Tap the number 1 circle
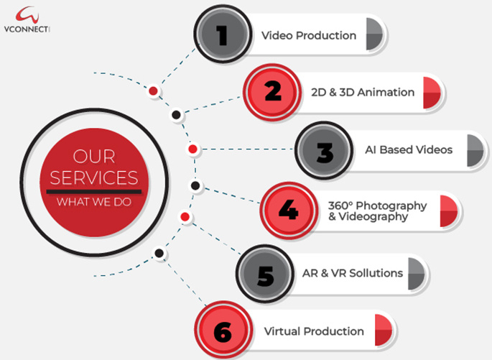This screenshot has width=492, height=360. pyautogui.click(x=222, y=34)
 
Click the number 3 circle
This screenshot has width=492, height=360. pyautogui.click(x=324, y=151)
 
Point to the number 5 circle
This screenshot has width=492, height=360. pyautogui.click(x=264, y=274)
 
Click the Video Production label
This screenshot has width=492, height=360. pyautogui.click(x=309, y=35)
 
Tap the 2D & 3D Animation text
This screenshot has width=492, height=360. pyautogui.click(x=363, y=93)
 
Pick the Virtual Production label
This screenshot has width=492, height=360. pyautogui.click(x=314, y=332)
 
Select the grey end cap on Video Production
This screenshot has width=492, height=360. pyautogui.click(x=373, y=34)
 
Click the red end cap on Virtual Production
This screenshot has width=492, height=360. pyautogui.click(x=381, y=331)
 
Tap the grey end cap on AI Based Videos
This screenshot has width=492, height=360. pyautogui.click(x=474, y=150)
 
